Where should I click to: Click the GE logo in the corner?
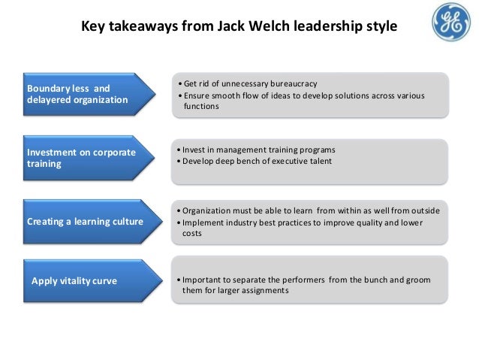(450, 22)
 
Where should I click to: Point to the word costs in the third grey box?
(192, 234)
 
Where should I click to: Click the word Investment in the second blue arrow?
(53, 152)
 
